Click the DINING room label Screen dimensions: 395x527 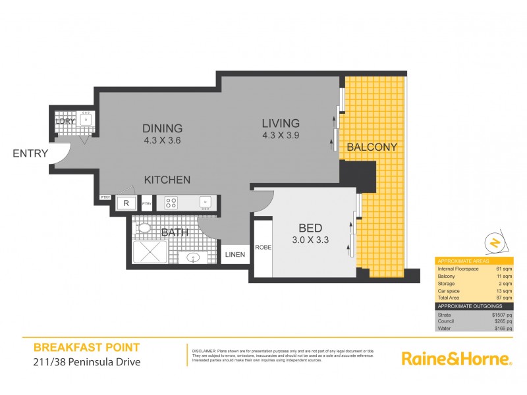[163, 128]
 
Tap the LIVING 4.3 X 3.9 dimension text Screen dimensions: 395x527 [281, 135]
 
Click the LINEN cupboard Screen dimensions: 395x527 [235, 254]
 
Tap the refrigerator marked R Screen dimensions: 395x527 [125, 203]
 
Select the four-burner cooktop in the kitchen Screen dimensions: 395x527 [172, 203]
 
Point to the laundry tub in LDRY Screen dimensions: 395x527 [86, 119]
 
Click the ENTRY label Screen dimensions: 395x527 [30, 154]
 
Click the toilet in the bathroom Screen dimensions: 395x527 [144, 228]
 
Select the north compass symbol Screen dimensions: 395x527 [493, 244]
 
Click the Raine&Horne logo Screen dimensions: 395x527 [457, 359]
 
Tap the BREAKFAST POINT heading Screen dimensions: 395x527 [86, 347]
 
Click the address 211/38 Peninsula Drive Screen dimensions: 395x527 [86, 361]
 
